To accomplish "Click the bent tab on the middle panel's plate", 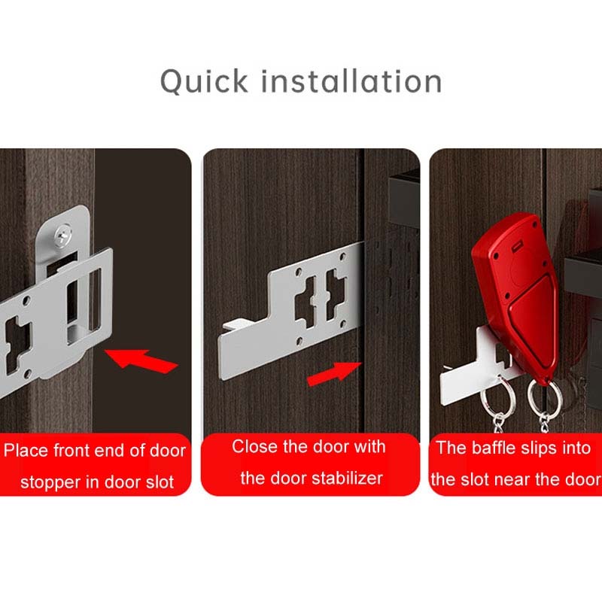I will pos(233,325).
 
